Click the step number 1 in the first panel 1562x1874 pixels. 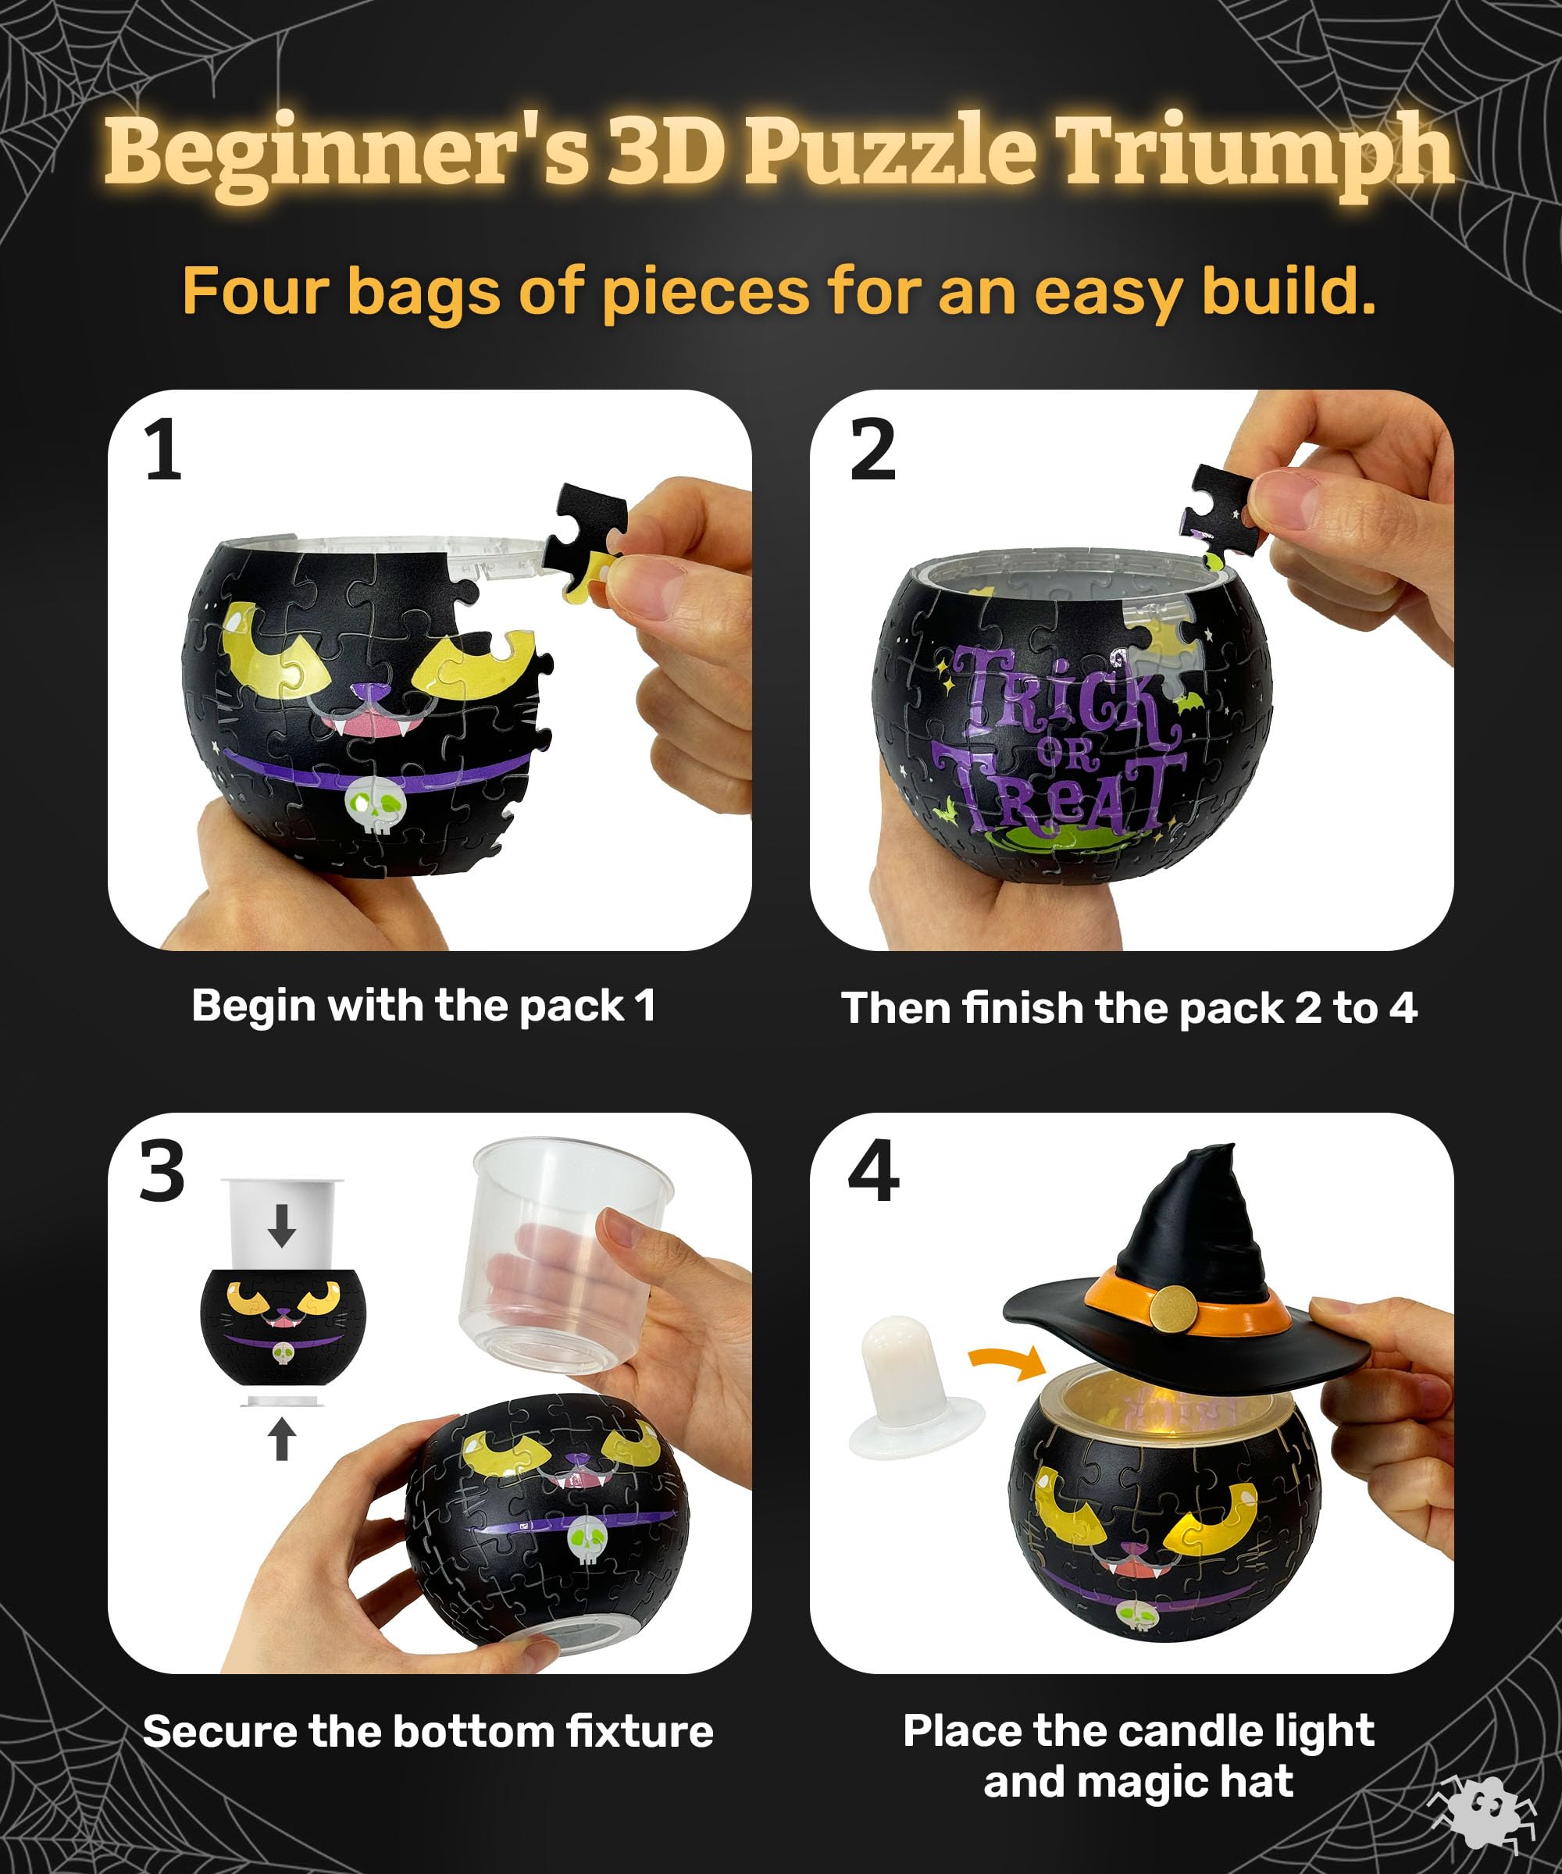coord(162,451)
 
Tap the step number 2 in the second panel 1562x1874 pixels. coord(872,451)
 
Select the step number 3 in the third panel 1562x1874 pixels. coord(162,1170)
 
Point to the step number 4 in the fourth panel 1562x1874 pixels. coord(873,1170)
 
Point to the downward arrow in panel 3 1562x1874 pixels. coord(282,1225)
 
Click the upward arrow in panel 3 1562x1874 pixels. coord(282,1439)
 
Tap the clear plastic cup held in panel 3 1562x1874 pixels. coord(564,1254)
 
